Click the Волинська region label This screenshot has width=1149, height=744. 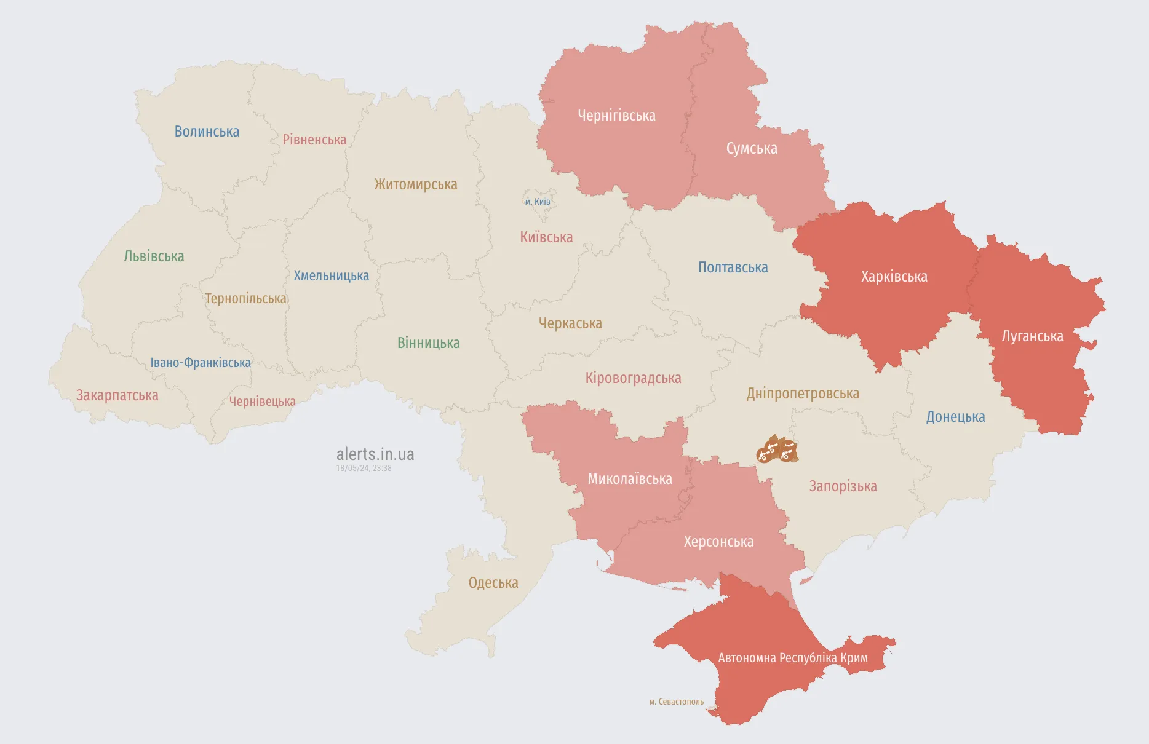pos(207,132)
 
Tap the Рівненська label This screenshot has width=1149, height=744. pos(314,140)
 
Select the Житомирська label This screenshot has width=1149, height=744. pos(416,184)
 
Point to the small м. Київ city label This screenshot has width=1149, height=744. pos(538,202)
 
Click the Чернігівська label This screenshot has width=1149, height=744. pos(616,116)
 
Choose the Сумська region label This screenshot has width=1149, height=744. pos(752,149)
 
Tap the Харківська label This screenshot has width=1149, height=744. pos(894,277)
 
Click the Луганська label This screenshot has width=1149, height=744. pos(1032,336)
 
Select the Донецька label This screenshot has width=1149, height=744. pos(955,417)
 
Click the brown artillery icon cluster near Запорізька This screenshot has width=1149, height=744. pos(777,449)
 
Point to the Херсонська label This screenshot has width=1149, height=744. pos(718,542)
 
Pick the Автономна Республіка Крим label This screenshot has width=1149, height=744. pos(793,658)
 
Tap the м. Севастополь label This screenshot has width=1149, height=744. pos(676,702)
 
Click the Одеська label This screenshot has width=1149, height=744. pos(493,583)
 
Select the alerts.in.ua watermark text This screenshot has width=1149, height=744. pos(375,454)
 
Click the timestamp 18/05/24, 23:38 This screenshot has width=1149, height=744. pos(364,469)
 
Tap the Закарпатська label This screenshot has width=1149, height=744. pos(117,395)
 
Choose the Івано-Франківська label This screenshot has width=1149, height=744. pos(201,363)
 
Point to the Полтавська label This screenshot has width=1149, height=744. pos(733,267)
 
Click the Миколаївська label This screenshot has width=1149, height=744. pos(630,479)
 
